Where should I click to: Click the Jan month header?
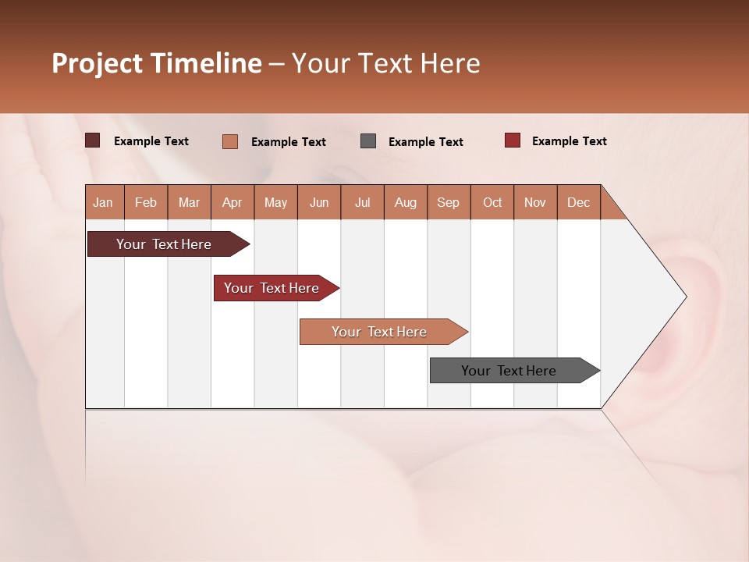coord(104,202)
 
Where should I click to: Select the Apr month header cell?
coord(233,202)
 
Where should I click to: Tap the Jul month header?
coord(363,202)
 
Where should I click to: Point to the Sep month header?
coord(449,202)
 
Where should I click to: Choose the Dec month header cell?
coord(579,202)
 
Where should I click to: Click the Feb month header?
coord(146,202)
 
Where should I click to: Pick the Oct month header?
coord(492,202)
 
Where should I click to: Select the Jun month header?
coord(319,202)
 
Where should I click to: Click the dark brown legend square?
coord(93,140)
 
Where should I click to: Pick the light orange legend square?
coord(230,141)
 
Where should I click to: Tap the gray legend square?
coord(368,140)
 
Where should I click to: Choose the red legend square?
coord(513,140)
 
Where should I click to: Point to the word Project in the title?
coord(96,63)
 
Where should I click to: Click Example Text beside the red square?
coord(569,141)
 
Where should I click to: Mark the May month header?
coord(275,202)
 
